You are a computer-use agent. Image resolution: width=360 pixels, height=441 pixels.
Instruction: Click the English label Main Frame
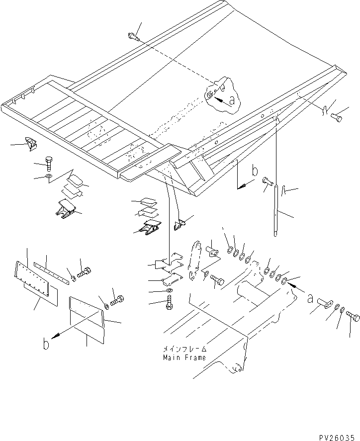(x=184, y=357)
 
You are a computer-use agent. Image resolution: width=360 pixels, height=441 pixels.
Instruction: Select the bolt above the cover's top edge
(x=132, y=35)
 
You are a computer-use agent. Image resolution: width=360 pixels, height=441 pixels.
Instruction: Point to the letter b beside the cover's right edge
(x=255, y=173)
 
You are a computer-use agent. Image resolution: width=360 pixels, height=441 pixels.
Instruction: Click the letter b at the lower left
(x=46, y=344)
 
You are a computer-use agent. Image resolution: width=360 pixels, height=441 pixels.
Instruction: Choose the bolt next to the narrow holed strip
(x=85, y=271)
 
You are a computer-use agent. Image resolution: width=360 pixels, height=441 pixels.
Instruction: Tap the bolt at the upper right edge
(x=337, y=117)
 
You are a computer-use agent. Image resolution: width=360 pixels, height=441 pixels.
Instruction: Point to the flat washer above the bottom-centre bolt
(x=169, y=290)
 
